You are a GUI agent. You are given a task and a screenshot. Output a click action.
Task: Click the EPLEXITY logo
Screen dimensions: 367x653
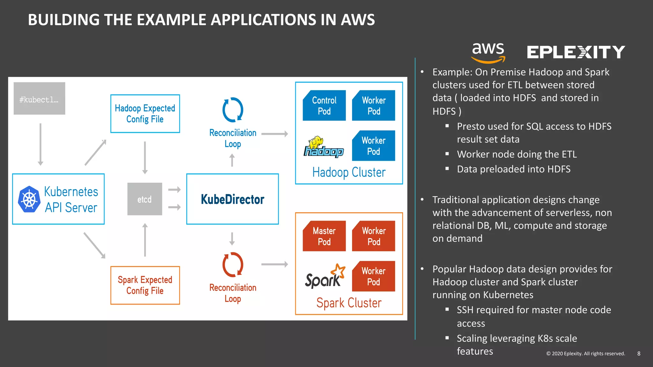tap(576, 52)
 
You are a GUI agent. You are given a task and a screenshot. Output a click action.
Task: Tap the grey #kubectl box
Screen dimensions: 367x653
tap(39, 98)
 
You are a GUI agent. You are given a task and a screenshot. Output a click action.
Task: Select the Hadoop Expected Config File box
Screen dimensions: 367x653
tap(145, 113)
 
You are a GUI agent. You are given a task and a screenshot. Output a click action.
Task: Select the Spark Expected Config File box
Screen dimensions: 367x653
tap(145, 285)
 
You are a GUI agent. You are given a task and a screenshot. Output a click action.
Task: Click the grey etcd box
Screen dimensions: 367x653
tap(145, 199)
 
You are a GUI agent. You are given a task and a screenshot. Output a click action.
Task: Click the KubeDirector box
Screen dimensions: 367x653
tap(232, 199)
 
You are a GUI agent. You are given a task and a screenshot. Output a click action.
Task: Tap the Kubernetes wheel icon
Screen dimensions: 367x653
tap(29, 199)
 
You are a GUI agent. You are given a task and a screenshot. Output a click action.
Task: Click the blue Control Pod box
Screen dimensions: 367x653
tap(324, 105)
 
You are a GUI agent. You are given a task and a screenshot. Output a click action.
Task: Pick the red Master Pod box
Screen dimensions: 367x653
tap(324, 236)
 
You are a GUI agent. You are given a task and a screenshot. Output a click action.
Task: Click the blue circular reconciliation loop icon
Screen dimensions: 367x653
tap(233, 110)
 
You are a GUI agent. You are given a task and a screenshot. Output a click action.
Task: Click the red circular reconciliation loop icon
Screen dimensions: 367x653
tap(233, 264)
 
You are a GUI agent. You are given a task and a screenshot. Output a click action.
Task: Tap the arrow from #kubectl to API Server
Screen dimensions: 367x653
tap(40, 144)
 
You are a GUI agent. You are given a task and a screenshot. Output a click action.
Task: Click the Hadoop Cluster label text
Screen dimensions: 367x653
tap(349, 172)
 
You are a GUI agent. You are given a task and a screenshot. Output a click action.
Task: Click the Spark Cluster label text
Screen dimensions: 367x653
tap(349, 303)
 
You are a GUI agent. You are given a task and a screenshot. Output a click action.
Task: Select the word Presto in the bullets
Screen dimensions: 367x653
tap(471, 126)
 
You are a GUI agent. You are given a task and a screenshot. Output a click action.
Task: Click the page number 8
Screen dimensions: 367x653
tap(639, 353)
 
